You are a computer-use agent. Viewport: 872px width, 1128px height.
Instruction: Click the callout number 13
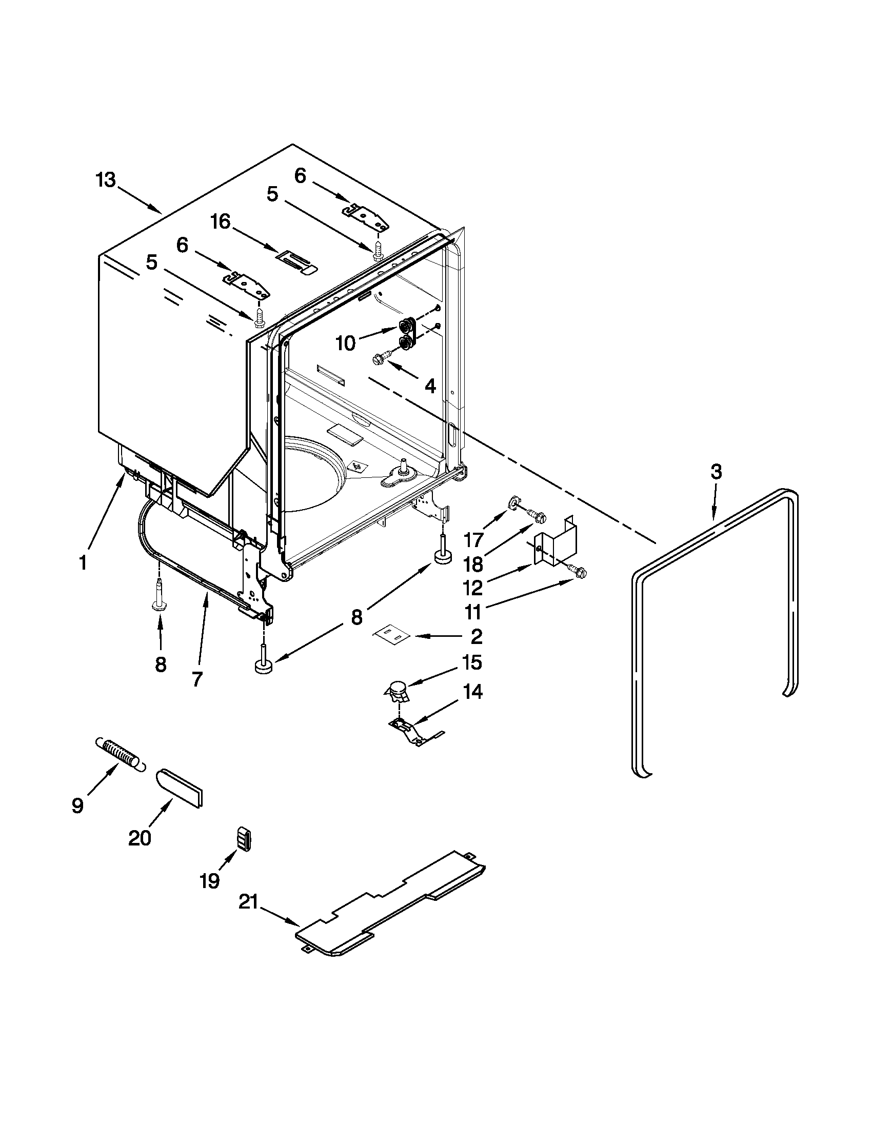tap(106, 181)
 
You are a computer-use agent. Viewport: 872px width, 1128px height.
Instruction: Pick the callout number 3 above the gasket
tap(716, 472)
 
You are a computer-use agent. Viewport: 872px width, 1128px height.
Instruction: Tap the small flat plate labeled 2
tap(391, 635)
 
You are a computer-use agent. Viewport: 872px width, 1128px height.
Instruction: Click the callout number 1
tap(83, 562)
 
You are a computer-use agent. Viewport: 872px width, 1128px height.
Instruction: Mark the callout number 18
tap(473, 563)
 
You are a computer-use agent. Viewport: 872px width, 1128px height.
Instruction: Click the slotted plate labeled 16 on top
tap(296, 261)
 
